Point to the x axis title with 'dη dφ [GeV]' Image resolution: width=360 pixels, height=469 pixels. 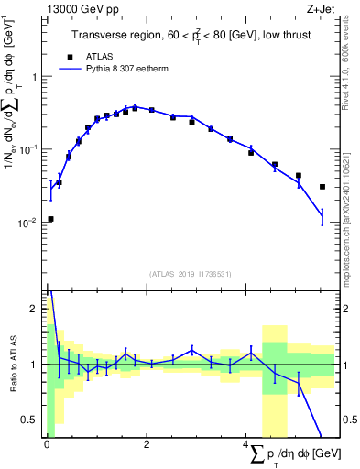288,455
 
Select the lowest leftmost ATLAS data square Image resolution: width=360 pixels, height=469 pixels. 50,219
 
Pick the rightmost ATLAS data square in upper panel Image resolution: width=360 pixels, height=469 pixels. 322,187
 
